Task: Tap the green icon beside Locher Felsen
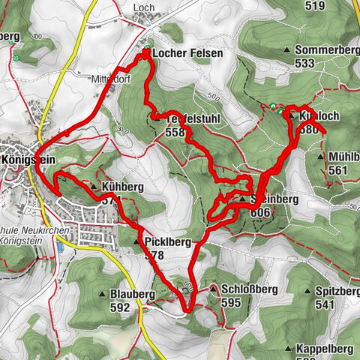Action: coord(147,53)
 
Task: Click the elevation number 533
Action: coord(304,64)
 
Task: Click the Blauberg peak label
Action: coord(135,292)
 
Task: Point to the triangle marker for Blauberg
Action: coord(103,292)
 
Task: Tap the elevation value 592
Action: coord(119,306)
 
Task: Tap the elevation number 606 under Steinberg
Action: coord(259,213)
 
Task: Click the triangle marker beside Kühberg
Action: coord(93,186)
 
